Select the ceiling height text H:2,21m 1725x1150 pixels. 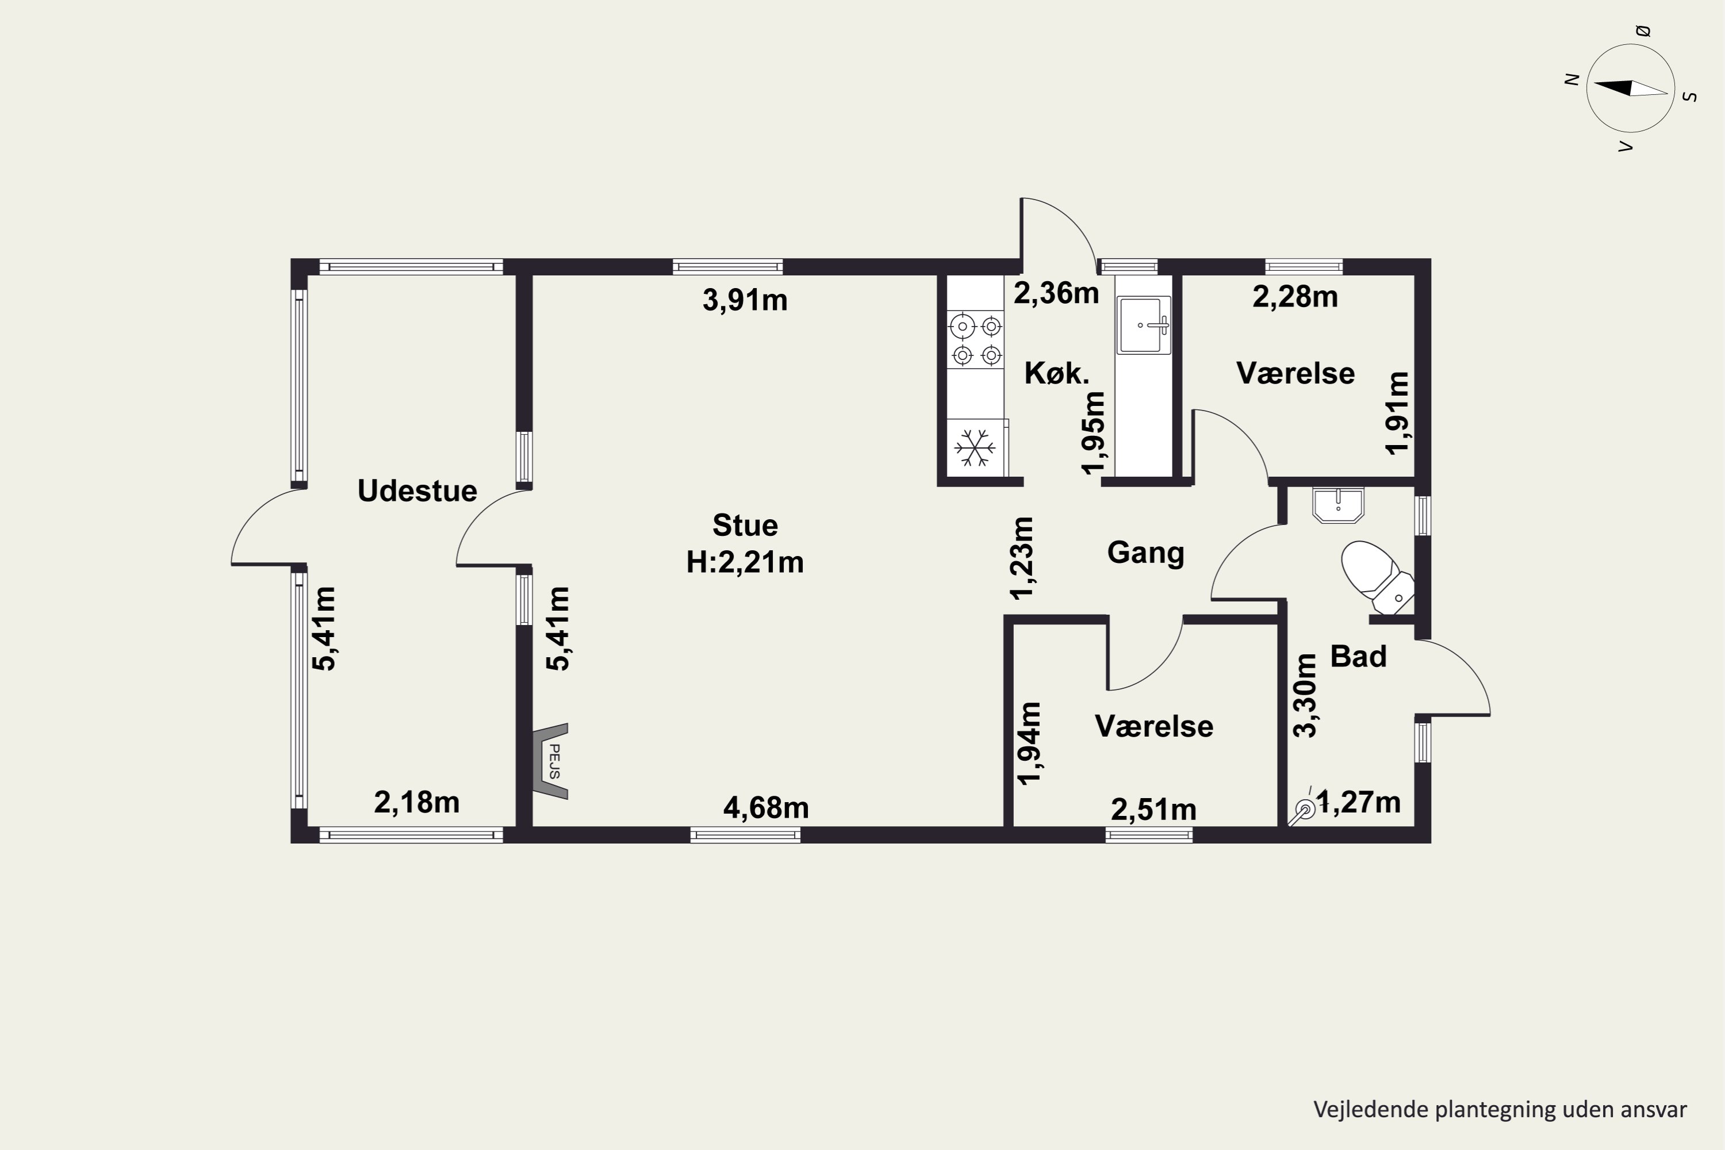(745, 562)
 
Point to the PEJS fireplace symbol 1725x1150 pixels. (550, 761)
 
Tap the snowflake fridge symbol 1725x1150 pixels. (975, 447)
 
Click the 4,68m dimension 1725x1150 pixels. (766, 808)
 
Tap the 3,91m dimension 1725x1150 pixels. (745, 300)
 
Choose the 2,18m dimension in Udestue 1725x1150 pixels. (416, 802)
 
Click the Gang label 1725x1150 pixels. (1145, 552)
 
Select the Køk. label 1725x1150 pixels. (1057, 373)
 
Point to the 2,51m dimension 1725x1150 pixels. (1153, 810)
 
